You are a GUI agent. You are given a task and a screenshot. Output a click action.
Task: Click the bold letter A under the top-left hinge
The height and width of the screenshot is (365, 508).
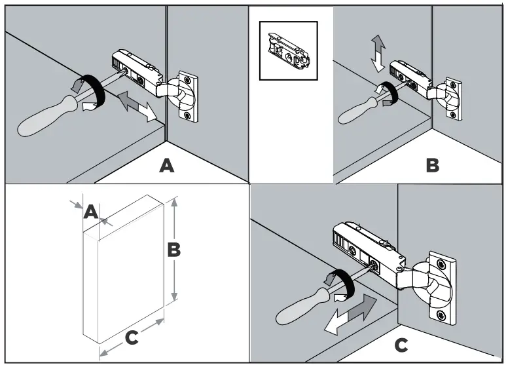[x=168, y=166]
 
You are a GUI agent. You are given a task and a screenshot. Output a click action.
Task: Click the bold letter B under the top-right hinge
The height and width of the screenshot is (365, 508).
[x=432, y=165]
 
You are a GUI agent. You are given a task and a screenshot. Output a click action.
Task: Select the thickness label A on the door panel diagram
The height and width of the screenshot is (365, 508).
[x=92, y=211]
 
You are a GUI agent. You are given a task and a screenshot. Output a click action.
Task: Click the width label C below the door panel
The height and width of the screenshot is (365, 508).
[x=131, y=338]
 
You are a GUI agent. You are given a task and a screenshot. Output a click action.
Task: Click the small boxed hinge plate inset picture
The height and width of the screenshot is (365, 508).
[x=288, y=50]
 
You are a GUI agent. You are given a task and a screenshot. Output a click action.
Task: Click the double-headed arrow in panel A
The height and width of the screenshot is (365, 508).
[x=137, y=106]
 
